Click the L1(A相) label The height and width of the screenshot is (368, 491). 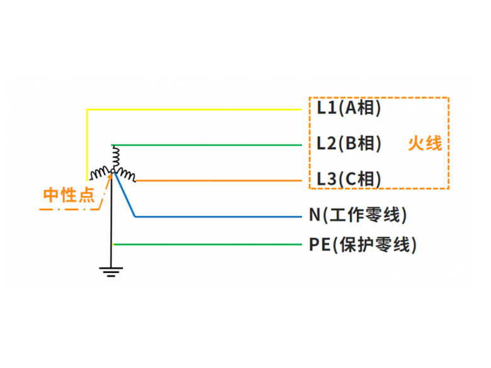[x=349, y=108]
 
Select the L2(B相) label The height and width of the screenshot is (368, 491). [x=349, y=143]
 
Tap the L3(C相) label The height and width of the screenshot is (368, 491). [x=349, y=179]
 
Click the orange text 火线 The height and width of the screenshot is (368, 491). [x=425, y=143]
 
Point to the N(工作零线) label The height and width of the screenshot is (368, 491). [x=358, y=215]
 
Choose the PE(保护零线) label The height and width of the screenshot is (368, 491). [x=363, y=245]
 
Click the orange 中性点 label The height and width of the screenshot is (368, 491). [x=69, y=195]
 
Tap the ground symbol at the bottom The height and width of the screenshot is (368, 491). [x=111, y=272]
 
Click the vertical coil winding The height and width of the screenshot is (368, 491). [x=116, y=157]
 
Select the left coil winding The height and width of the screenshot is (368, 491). [x=100, y=174]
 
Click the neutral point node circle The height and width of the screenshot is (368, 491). [x=113, y=171]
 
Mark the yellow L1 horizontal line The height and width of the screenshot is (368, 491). [x=194, y=109]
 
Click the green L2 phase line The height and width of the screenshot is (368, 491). [x=206, y=145]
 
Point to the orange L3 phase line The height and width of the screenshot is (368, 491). [x=219, y=181]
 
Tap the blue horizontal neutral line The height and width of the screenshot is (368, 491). [x=218, y=216]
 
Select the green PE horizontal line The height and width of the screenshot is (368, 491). [x=206, y=245]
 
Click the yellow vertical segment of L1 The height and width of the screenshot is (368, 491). [x=87, y=145]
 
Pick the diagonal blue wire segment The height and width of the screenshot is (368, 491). [x=125, y=194]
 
